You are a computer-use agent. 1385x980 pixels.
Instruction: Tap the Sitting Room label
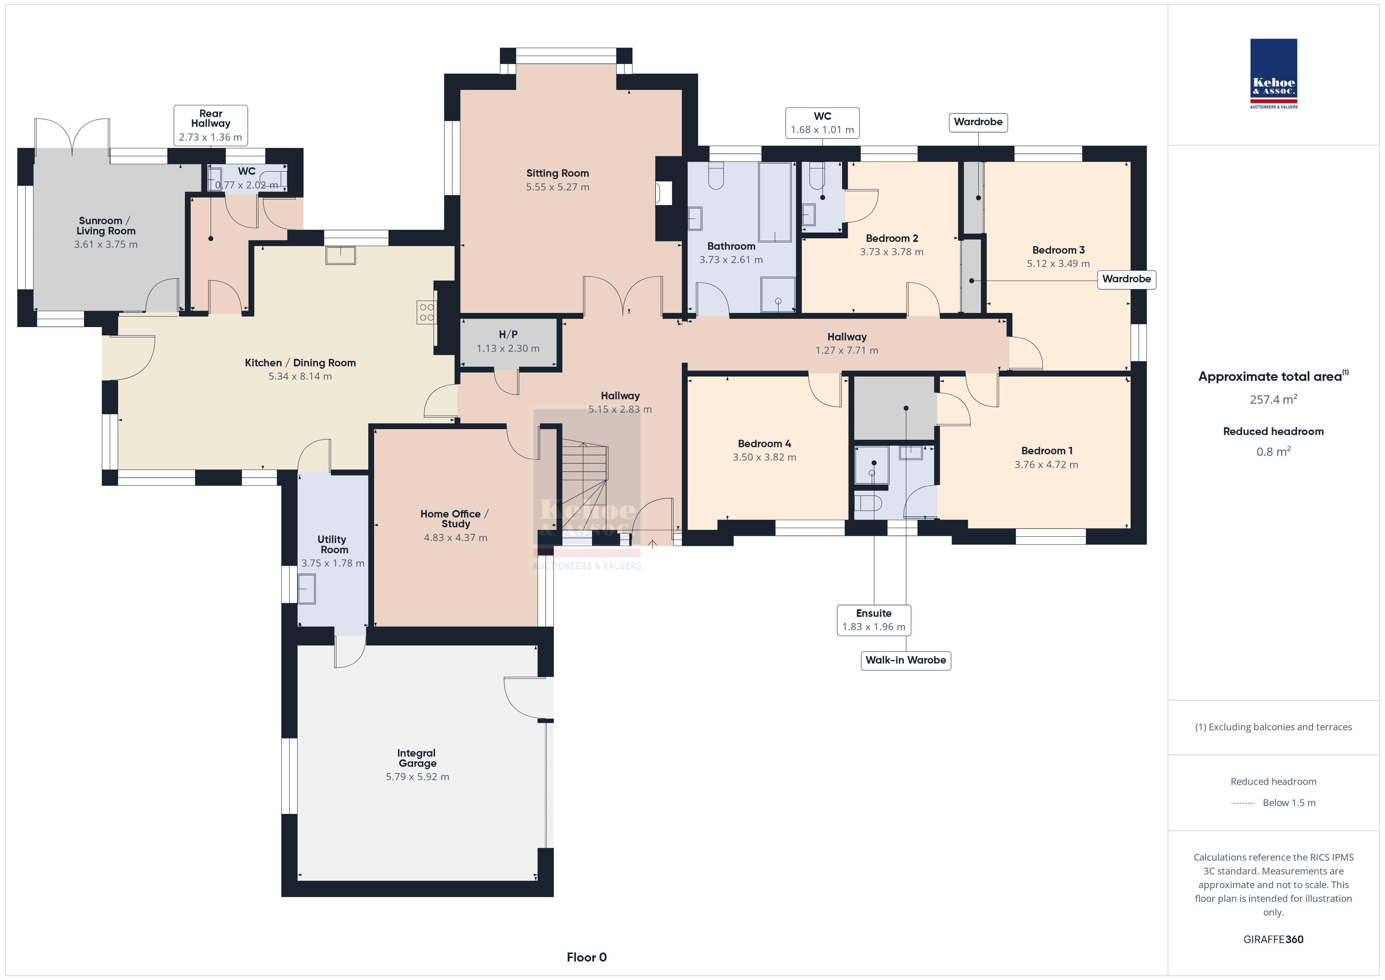click(557, 173)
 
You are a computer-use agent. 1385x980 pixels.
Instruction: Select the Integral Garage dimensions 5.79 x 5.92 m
click(417, 777)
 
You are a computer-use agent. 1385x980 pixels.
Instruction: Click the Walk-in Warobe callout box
click(905, 660)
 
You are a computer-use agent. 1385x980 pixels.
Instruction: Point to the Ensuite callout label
click(873, 613)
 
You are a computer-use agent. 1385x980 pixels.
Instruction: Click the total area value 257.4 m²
click(1274, 399)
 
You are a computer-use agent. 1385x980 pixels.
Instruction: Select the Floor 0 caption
click(587, 957)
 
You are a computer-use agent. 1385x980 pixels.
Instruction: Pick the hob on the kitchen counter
click(426, 312)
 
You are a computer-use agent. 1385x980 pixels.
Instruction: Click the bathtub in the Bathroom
click(775, 202)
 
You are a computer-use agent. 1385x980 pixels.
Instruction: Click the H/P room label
click(508, 334)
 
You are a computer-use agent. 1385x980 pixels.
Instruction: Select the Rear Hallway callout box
click(210, 125)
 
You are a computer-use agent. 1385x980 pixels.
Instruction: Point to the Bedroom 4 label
click(764, 444)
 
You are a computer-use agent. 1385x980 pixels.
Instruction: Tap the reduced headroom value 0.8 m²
click(1274, 452)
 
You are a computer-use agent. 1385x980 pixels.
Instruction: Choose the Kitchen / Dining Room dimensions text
click(300, 376)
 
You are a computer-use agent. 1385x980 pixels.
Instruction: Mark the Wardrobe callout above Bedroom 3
click(978, 122)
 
